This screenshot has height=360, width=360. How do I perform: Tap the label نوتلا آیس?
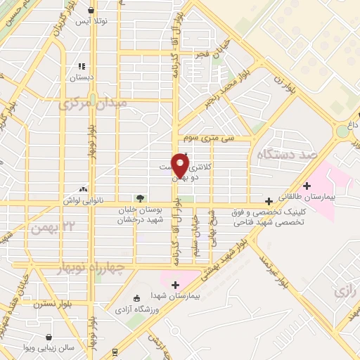(x=92, y=22)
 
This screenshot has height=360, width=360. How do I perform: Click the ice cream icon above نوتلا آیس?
(x=92, y=11)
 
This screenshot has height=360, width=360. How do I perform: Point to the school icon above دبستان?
(x=82, y=67)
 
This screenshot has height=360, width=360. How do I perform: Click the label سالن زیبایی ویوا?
(x=49, y=349)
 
